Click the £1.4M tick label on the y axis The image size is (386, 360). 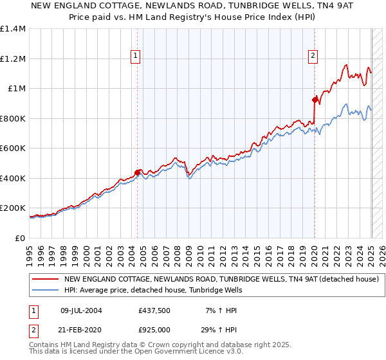tap(12, 29)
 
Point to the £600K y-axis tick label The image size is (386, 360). tap(12, 148)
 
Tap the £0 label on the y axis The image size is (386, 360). tap(20, 238)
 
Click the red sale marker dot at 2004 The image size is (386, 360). tap(138, 172)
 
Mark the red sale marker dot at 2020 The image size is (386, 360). tap(315, 100)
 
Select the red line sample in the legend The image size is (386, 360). tap(45, 280)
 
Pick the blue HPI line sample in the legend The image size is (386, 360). tap(45, 290)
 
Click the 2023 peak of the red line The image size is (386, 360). tap(346, 65)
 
